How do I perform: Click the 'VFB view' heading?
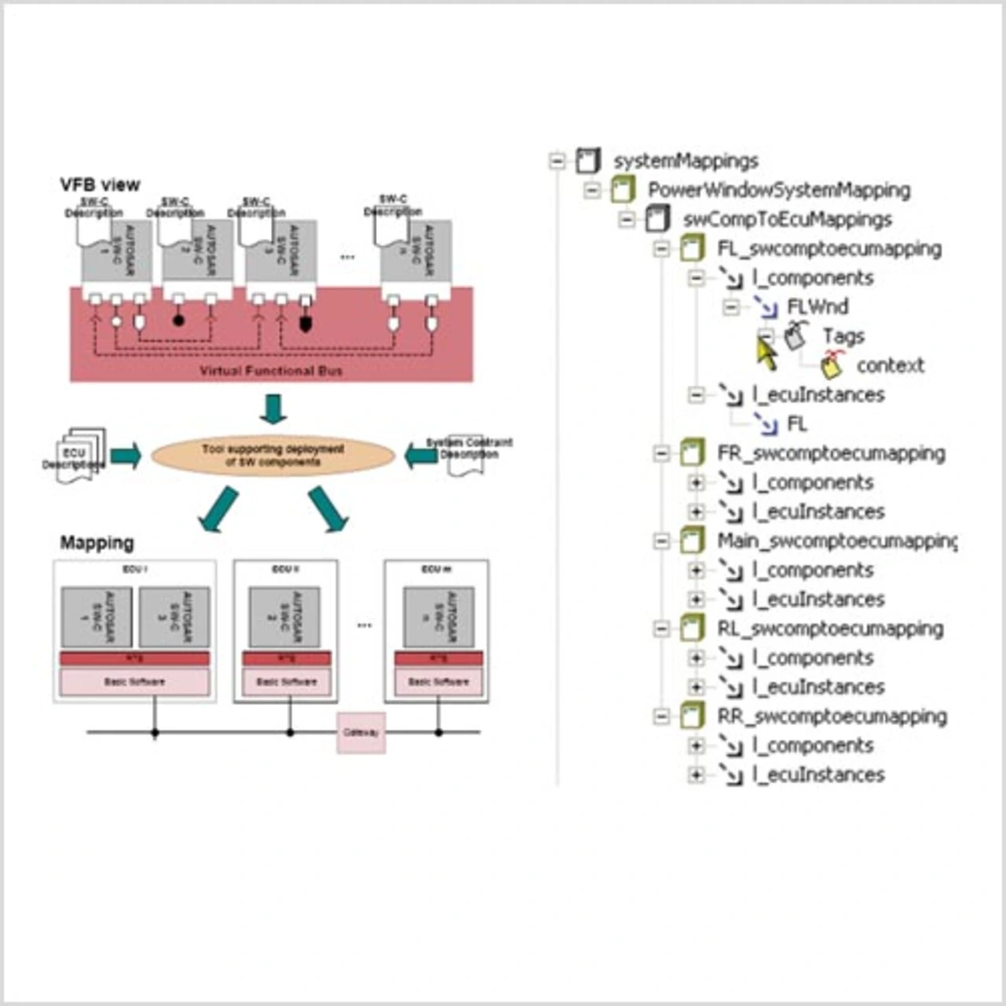point(100,185)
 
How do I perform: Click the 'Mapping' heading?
point(97,543)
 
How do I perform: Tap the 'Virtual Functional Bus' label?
point(271,371)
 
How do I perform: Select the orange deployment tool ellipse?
point(273,456)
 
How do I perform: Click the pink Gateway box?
point(361,732)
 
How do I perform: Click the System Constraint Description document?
point(467,455)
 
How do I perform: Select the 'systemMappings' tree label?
point(685,161)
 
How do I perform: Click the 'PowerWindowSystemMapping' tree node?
point(779,190)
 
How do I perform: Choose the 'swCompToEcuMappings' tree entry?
point(788,219)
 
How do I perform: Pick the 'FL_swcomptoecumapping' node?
point(829,249)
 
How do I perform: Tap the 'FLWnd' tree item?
point(817,307)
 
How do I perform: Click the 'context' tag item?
point(890,365)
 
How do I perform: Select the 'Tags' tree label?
point(843,336)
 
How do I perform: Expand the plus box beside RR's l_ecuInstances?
point(696,775)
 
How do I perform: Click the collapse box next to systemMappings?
point(557,161)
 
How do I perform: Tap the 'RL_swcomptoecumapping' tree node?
point(830,629)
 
